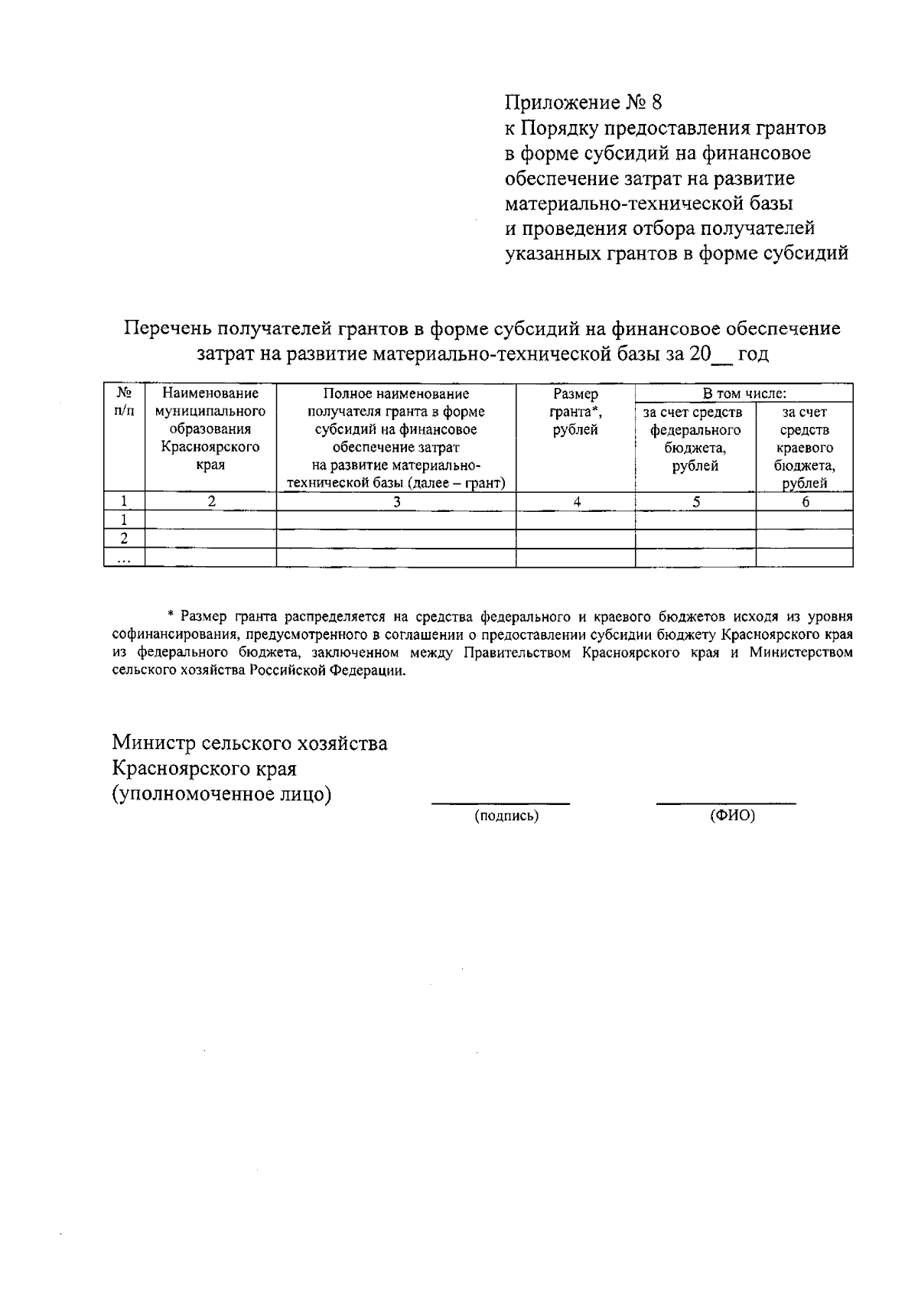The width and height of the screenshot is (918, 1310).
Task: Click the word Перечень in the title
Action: [x=167, y=329]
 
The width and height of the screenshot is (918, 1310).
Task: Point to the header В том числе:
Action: [x=744, y=393]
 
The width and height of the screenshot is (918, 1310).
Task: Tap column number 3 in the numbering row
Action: [x=396, y=502]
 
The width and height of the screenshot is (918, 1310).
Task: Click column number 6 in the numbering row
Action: [x=805, y=502]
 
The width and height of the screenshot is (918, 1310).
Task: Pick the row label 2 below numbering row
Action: [x=124, y=539]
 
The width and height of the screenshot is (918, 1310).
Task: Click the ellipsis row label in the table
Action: [x=124, y=559]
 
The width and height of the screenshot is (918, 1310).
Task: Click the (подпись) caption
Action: [x=506, y=816]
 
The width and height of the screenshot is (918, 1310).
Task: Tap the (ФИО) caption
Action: [x=732, y=816]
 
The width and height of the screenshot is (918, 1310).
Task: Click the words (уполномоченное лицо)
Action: [x=222, y=794]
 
